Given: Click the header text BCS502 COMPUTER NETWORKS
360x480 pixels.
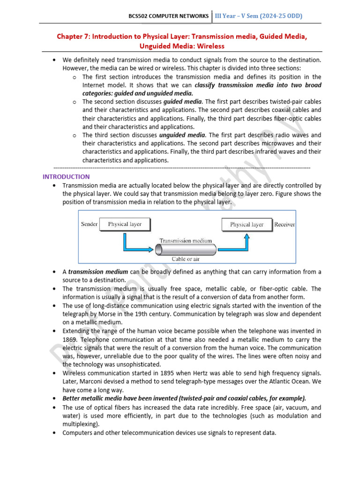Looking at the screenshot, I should point(169,16).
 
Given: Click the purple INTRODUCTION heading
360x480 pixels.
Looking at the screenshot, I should point(66,177).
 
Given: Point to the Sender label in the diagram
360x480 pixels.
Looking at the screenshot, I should point(89,224).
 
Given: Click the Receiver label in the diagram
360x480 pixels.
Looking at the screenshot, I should point(285,225).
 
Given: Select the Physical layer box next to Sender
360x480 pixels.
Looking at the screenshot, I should point(125,224).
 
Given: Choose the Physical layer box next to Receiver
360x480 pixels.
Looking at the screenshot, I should point(247,225).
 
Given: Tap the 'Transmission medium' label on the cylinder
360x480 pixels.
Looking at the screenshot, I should point(186,241).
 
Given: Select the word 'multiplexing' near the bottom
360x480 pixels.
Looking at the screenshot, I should point(79,424).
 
